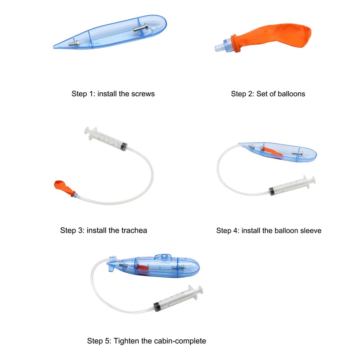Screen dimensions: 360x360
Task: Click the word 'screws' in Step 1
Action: [x=143, y=94]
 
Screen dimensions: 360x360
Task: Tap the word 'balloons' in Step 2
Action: [x=291, y=94]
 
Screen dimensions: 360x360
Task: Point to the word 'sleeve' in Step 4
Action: [x=310, y=230]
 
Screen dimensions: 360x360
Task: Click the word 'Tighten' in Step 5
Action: [x=126, y=341]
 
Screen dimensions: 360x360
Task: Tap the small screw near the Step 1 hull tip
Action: [x=74, y=44]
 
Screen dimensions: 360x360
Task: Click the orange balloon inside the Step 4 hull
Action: [x=272, y=151]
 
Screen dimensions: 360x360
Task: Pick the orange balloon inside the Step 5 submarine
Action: [x=143, y=267]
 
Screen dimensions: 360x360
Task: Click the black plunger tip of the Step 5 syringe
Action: [x=157, y=307]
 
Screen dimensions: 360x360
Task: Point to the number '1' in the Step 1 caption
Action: [x=93, y=94]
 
